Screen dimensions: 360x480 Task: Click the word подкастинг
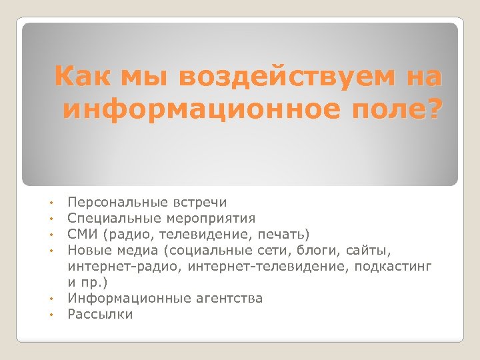(x=394, y=267)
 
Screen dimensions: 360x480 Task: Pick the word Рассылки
(x=100, y=314)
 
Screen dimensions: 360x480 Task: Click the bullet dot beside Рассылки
(x=51, y=315)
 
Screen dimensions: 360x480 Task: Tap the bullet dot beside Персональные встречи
(x=51, y=203)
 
